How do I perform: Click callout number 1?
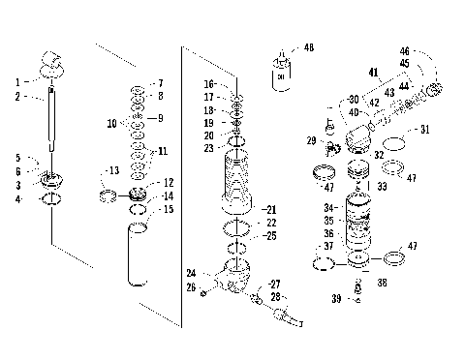[x=17, y=81]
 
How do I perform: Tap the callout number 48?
[x=309, y=46]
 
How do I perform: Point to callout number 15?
[x=168, y=209]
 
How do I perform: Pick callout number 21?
[x=271, y=209]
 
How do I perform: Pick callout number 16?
[x=209, y=84]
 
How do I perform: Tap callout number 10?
[x=112, y=124]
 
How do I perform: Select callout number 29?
[x=311, y=141]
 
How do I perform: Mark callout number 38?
[x=382, y=283]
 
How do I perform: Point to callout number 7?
[x=160, y=83]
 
